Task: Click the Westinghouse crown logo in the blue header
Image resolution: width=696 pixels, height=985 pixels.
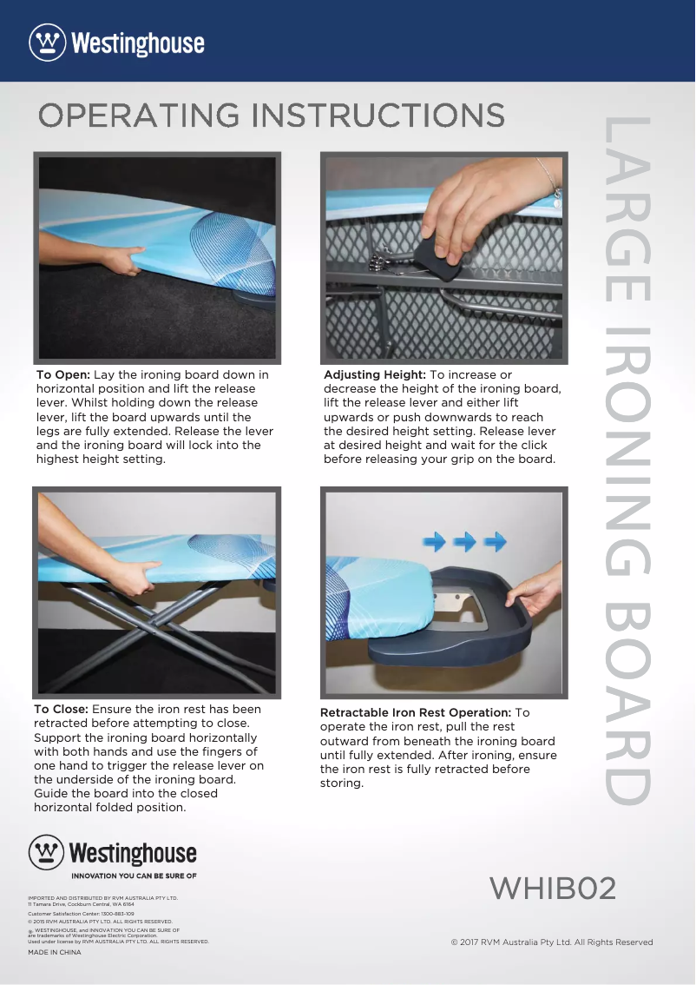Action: coord(48,42)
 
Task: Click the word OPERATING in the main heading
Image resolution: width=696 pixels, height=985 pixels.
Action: coord(139,116)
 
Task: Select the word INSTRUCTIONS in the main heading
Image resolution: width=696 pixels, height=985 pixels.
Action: coord(378,116)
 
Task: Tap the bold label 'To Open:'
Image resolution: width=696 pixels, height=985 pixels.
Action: coord(62,375)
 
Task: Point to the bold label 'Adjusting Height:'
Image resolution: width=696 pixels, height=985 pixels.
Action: coord(375,375)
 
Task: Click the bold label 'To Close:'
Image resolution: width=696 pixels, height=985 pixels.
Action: coord(61,710)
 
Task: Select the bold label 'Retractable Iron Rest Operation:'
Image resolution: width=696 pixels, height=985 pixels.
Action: coord(416,713)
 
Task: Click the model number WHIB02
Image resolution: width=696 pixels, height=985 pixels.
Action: coord(553,889)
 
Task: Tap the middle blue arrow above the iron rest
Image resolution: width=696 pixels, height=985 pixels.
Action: coord(464,541)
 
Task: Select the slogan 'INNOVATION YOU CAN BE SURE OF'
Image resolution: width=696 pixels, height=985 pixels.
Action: coord(134,876)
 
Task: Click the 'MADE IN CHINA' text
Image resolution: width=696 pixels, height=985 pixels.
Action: coord(55,952)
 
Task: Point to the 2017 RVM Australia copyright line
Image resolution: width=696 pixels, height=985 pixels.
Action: coord(552,942)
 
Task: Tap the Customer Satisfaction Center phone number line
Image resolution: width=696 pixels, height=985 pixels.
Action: coord(81,914)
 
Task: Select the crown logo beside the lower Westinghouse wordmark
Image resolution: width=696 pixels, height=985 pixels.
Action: coord(47,852)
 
